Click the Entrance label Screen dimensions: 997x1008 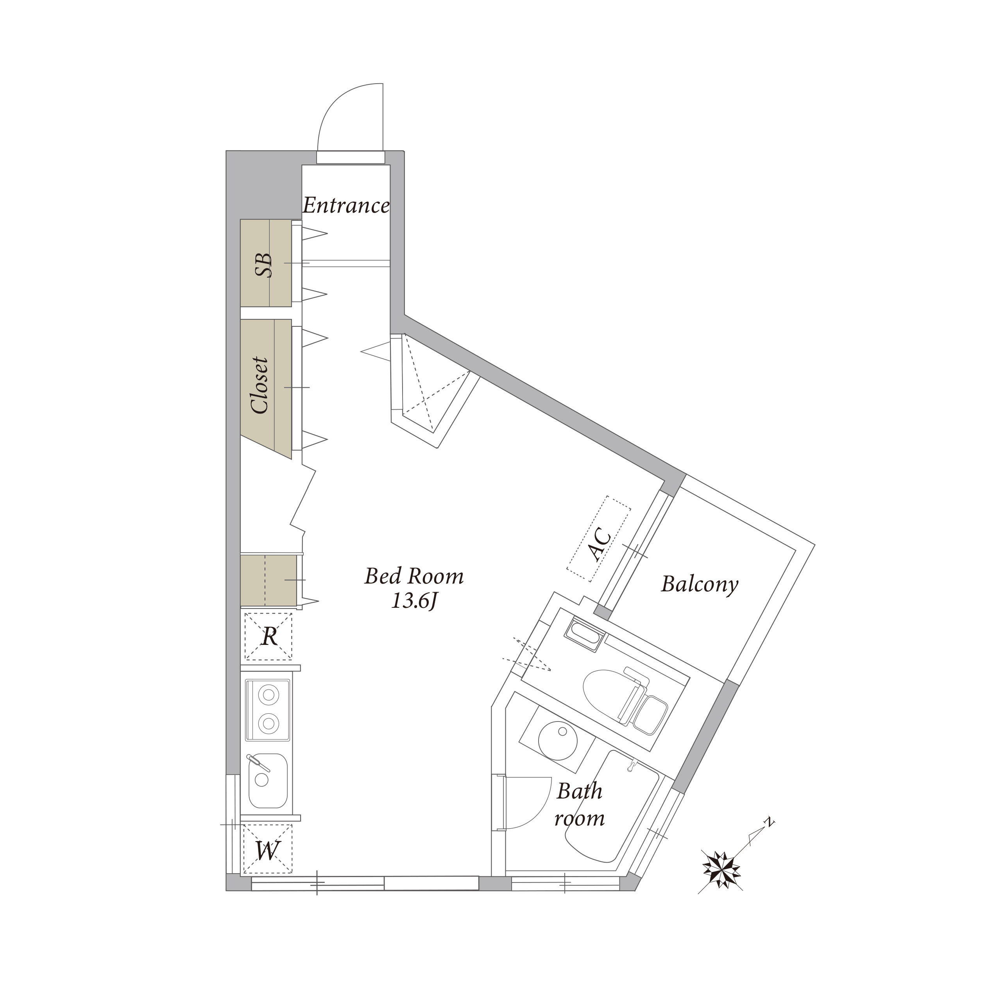coord(346,205)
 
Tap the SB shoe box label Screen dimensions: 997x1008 coord(264,265)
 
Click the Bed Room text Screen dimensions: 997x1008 coord(414,577)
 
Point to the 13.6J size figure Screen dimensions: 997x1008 coord(414,602)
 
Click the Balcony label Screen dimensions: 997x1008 coord(700,584)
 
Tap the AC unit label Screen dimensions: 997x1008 coord(600,544)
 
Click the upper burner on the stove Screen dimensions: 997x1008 coord(268,695)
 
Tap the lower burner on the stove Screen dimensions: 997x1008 coord(268,723)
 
